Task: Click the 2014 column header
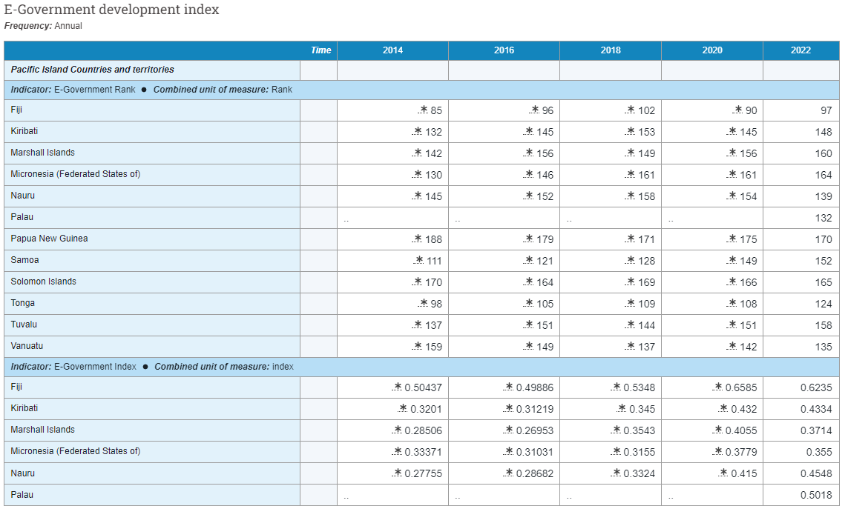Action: click(x=392, y=50)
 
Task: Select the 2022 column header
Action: click(x=801, y=50)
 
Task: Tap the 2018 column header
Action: click(x=611, y=50)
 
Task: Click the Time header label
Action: click(x=321, y=50)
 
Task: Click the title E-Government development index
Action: click(x=111, y=10)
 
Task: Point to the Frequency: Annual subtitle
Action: click(x=43, y=26)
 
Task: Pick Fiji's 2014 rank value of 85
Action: click(x=435, y=110)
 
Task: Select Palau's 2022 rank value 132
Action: click(x=823, y=218)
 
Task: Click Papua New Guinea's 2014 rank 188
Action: click(x=433, y=239)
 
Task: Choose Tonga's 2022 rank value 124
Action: click(x=823, y=304)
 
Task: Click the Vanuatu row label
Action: click(x=26, y=346)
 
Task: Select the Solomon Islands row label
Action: click(x=43, y=282)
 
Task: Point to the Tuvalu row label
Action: click(x=24, y=324)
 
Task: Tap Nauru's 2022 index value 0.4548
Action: click(x=816, y=473)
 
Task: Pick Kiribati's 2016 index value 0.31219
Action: click(x=534, y=409)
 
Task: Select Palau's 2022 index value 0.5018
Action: click(x=816, y=495)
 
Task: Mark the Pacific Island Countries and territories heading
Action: click(x=92, y=70)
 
